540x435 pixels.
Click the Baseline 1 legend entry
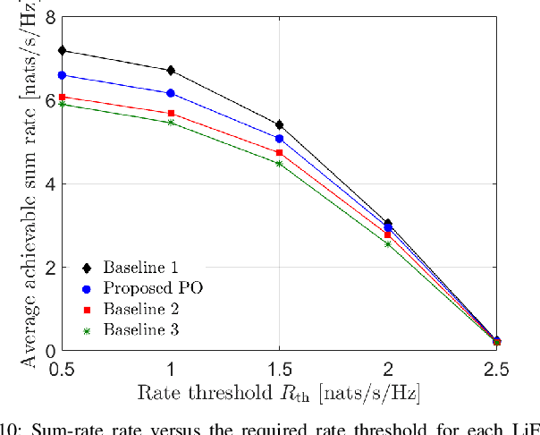[x=139, y=268]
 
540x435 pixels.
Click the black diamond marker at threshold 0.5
[x=62, y=51]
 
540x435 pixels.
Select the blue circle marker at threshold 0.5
[x=62, y=75]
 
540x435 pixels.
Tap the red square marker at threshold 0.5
[x=62, y=97]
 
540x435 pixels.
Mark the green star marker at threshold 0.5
[x=62, y=104]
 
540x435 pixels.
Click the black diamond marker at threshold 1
[x=171, y=71]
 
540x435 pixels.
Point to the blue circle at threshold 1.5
[x=279, y=139]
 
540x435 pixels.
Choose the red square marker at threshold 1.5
[x=279, y=153]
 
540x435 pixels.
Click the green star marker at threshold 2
[x=388, y=243]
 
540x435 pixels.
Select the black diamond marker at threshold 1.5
[x=279, y=124]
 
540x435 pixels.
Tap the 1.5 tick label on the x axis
[x=279, y=369]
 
